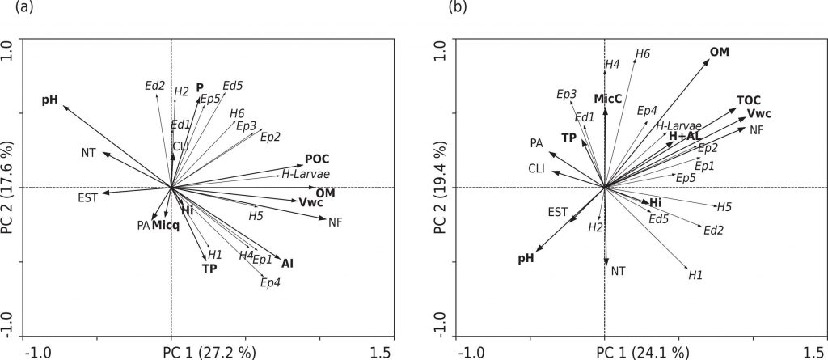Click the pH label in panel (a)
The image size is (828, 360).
pyautogui.click(x=50, y=100)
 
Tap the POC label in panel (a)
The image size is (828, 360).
pyautogui.click(x=317, y=159)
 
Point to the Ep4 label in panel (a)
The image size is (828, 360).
pyautogui.click(x=270, y=282)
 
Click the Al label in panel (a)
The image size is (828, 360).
pyautogui.click(x=287, y=263)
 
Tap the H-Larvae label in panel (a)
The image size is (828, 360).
pyautogui.click(x=305, y=174)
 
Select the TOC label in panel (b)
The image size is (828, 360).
pyautogui.click(x=749, y=100)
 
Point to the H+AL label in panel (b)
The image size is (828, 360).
pyautogui.click(x=684, y=137)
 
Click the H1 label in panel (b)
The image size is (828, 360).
pyautogui.click(x=695, y=275)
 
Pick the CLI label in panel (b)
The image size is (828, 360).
pyautogui.click(x=536, y=169)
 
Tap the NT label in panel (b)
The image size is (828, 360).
pyautogui.click(x=619, y=271)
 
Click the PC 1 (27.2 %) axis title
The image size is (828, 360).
pyautogui.click(x=209, y=353)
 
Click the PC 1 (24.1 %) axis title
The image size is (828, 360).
pyautogui.click(x=643, y=353)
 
